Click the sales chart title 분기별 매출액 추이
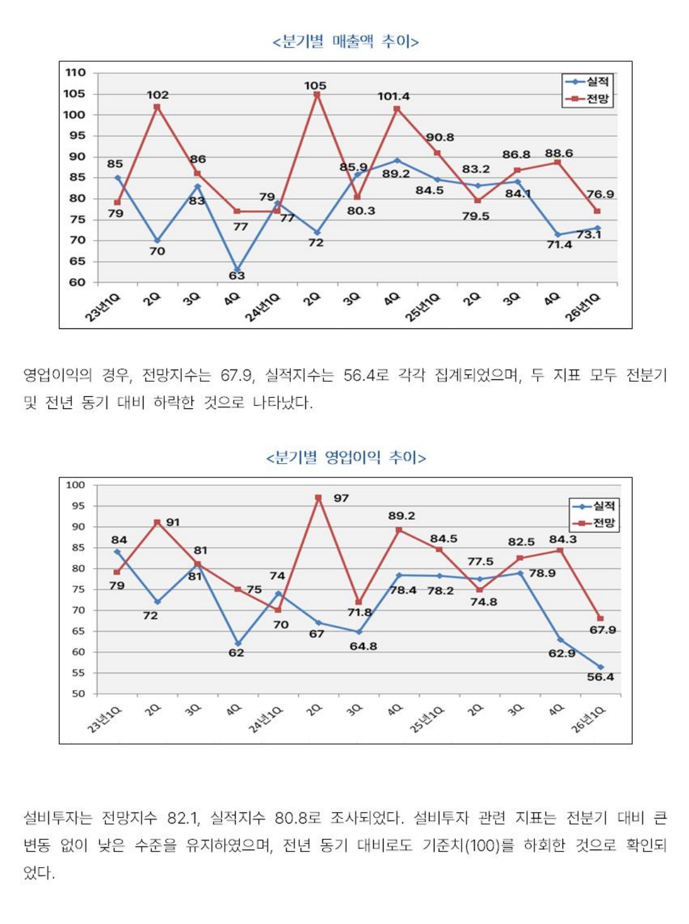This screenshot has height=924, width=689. click(x=345, y=42)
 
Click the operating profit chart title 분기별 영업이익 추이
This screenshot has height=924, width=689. click(x=345, y=457)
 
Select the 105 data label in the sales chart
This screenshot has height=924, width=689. click(x=315, y=86)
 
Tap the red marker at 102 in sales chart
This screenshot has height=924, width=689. click(x=157, y=107)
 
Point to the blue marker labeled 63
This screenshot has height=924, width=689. click(x=238, y=270)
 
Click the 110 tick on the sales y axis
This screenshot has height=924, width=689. click(x=76, y=73)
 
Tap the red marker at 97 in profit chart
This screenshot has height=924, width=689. click(x=318, y=497)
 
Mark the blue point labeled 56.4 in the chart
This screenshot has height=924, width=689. click(x=601, y=666)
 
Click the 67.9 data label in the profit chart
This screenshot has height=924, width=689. click(x=602, y=630)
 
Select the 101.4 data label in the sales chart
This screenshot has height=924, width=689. click(x=393, y=96)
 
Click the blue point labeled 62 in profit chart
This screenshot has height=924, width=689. click(x=238, y=643)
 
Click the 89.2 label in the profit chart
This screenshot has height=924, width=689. click(x=401, y=516)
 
